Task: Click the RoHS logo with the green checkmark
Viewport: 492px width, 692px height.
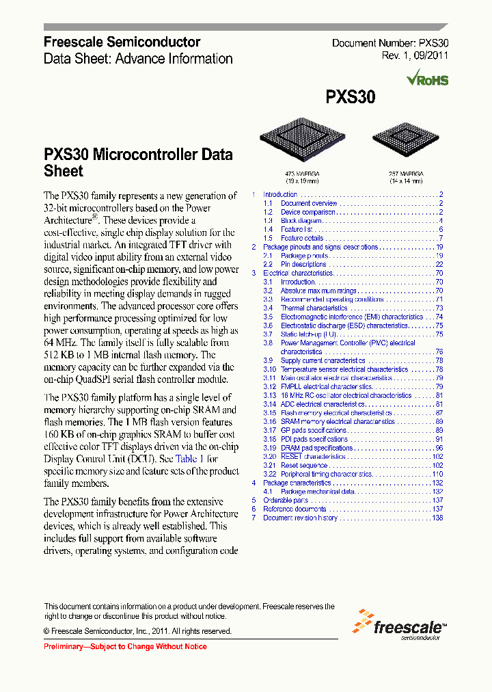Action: [427, 79]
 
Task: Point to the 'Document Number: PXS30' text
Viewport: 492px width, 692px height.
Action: [389, 43]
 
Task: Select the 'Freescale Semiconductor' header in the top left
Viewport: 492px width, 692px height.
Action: [122, 42]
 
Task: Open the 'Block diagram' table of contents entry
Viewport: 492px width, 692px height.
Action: [301, 221]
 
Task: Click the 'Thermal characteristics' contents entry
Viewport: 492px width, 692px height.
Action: [314, 308]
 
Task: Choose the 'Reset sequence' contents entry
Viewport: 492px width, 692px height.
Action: [304, 466]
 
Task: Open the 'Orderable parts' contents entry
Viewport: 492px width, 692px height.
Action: [286, 501]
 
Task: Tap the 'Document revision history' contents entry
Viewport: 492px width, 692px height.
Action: [300, 518]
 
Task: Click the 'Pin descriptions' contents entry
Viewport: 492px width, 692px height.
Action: [303, 265]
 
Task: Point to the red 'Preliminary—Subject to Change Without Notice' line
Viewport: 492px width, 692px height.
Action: [125, 647]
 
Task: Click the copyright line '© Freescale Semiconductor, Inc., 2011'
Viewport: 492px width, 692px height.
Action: [137, 631]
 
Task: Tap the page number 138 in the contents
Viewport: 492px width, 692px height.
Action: [438, 518]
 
